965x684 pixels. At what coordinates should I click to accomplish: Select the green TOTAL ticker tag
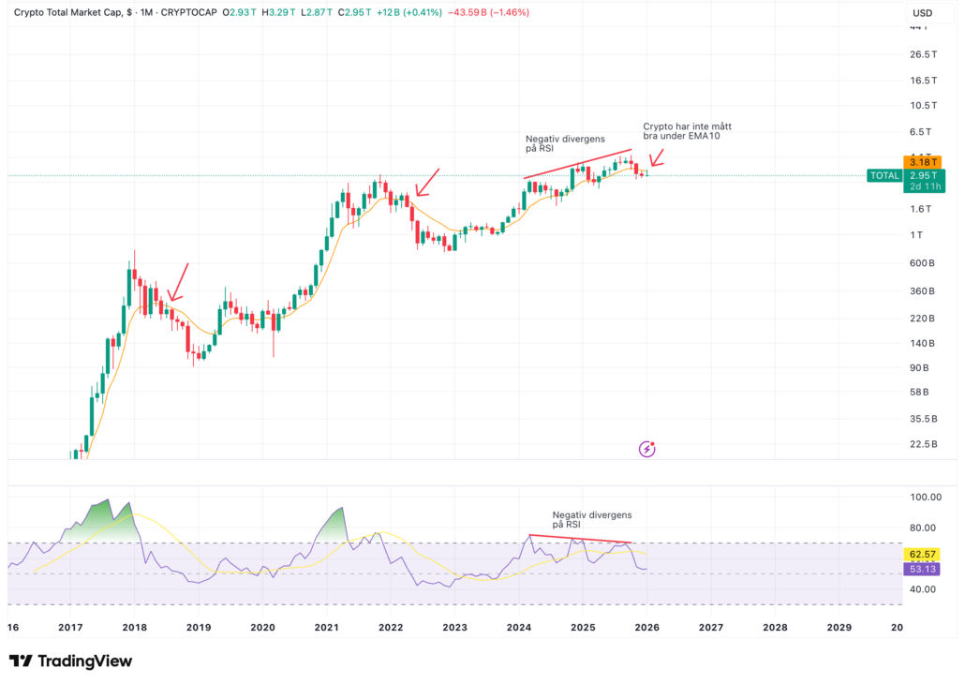(x=884, y=175)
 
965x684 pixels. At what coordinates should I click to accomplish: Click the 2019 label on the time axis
(x=198, y=627)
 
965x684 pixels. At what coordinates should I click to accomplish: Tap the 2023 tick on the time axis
(x=454, y=627)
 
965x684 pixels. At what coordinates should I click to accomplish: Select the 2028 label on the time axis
(x=774, y=627)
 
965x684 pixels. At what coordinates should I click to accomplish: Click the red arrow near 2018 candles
(x=180, y=281)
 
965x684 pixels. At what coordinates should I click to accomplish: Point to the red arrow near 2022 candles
(x=427, y=182)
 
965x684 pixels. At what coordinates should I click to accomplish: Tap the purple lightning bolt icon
(x=647, y=449)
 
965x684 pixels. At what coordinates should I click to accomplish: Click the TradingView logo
(x=71, y=662)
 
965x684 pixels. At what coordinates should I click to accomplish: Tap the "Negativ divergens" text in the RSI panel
(x=592, y=514)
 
